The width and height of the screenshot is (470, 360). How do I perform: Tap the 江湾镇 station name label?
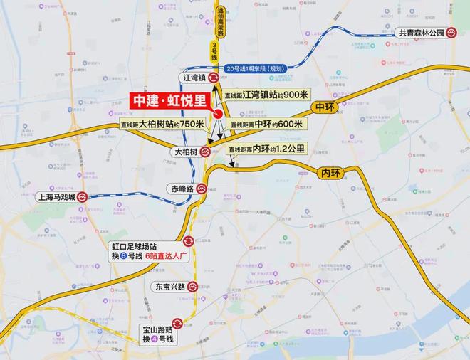(194, 78)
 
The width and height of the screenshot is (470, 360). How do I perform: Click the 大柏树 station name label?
(185, 152)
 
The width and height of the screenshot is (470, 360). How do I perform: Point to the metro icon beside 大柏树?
(205, 152)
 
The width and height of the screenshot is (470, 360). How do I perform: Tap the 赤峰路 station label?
(183, 189)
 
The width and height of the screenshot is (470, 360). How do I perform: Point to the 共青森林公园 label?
(422, 33)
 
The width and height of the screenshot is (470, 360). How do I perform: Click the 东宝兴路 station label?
(169, 287)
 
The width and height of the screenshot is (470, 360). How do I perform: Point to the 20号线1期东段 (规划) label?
(255, 68)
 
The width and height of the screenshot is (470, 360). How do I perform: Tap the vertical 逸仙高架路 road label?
(221, 25)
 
